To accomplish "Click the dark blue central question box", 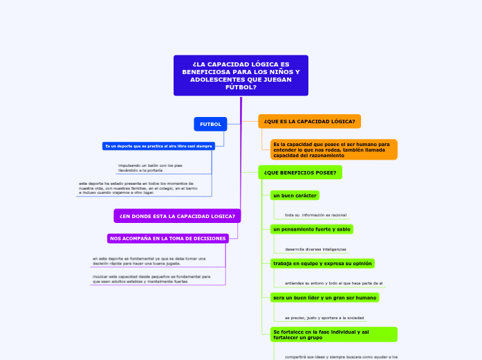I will coord(241,75).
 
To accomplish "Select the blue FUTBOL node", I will coord(210,124).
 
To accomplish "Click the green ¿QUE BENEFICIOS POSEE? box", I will coord(300,172).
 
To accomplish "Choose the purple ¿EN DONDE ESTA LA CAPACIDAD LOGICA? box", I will coord(177,216).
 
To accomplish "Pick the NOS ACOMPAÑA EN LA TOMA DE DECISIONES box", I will coord(168,238).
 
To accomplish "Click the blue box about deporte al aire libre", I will coord(158,146).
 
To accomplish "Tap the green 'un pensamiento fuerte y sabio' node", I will coord(312,229).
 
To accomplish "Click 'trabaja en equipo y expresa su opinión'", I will coord(322,263).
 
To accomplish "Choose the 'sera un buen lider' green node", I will coord(324,297).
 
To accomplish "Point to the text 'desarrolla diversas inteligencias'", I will coord(315,249).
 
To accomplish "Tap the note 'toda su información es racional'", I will coord(315,215).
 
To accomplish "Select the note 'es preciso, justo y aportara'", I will coord(324,317).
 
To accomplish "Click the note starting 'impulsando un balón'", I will coord(150,168).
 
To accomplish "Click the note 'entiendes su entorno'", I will coord(333,282).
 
